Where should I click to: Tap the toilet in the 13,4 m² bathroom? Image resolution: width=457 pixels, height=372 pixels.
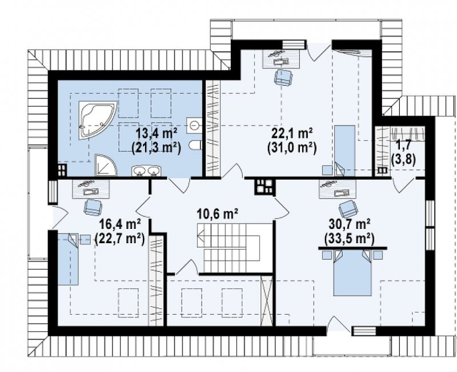click(x=195, y=145)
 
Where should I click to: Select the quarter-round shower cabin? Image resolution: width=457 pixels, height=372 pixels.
click(x=105, y=165)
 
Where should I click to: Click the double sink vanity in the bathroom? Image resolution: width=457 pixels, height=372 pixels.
click(x=146, y=171)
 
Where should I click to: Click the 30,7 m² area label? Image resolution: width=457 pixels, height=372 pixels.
click(x=350, y=224)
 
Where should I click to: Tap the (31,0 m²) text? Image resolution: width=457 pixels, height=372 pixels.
click(x=292, y=148)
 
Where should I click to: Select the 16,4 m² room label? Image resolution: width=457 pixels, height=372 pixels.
click(x=120, y=224)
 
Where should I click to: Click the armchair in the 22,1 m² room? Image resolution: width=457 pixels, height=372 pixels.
click(x=283, y=77)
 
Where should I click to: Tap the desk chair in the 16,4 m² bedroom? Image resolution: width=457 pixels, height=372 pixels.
click(x=93, y=208)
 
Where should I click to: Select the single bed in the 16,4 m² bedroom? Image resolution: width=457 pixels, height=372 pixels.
click(x=68, y=259)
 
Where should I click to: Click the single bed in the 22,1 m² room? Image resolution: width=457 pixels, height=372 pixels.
click(x=345, y=151)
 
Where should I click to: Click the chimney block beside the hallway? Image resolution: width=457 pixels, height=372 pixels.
click(x=264, y=187)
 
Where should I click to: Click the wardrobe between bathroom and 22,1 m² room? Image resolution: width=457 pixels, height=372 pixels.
click(x=213, y=128)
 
